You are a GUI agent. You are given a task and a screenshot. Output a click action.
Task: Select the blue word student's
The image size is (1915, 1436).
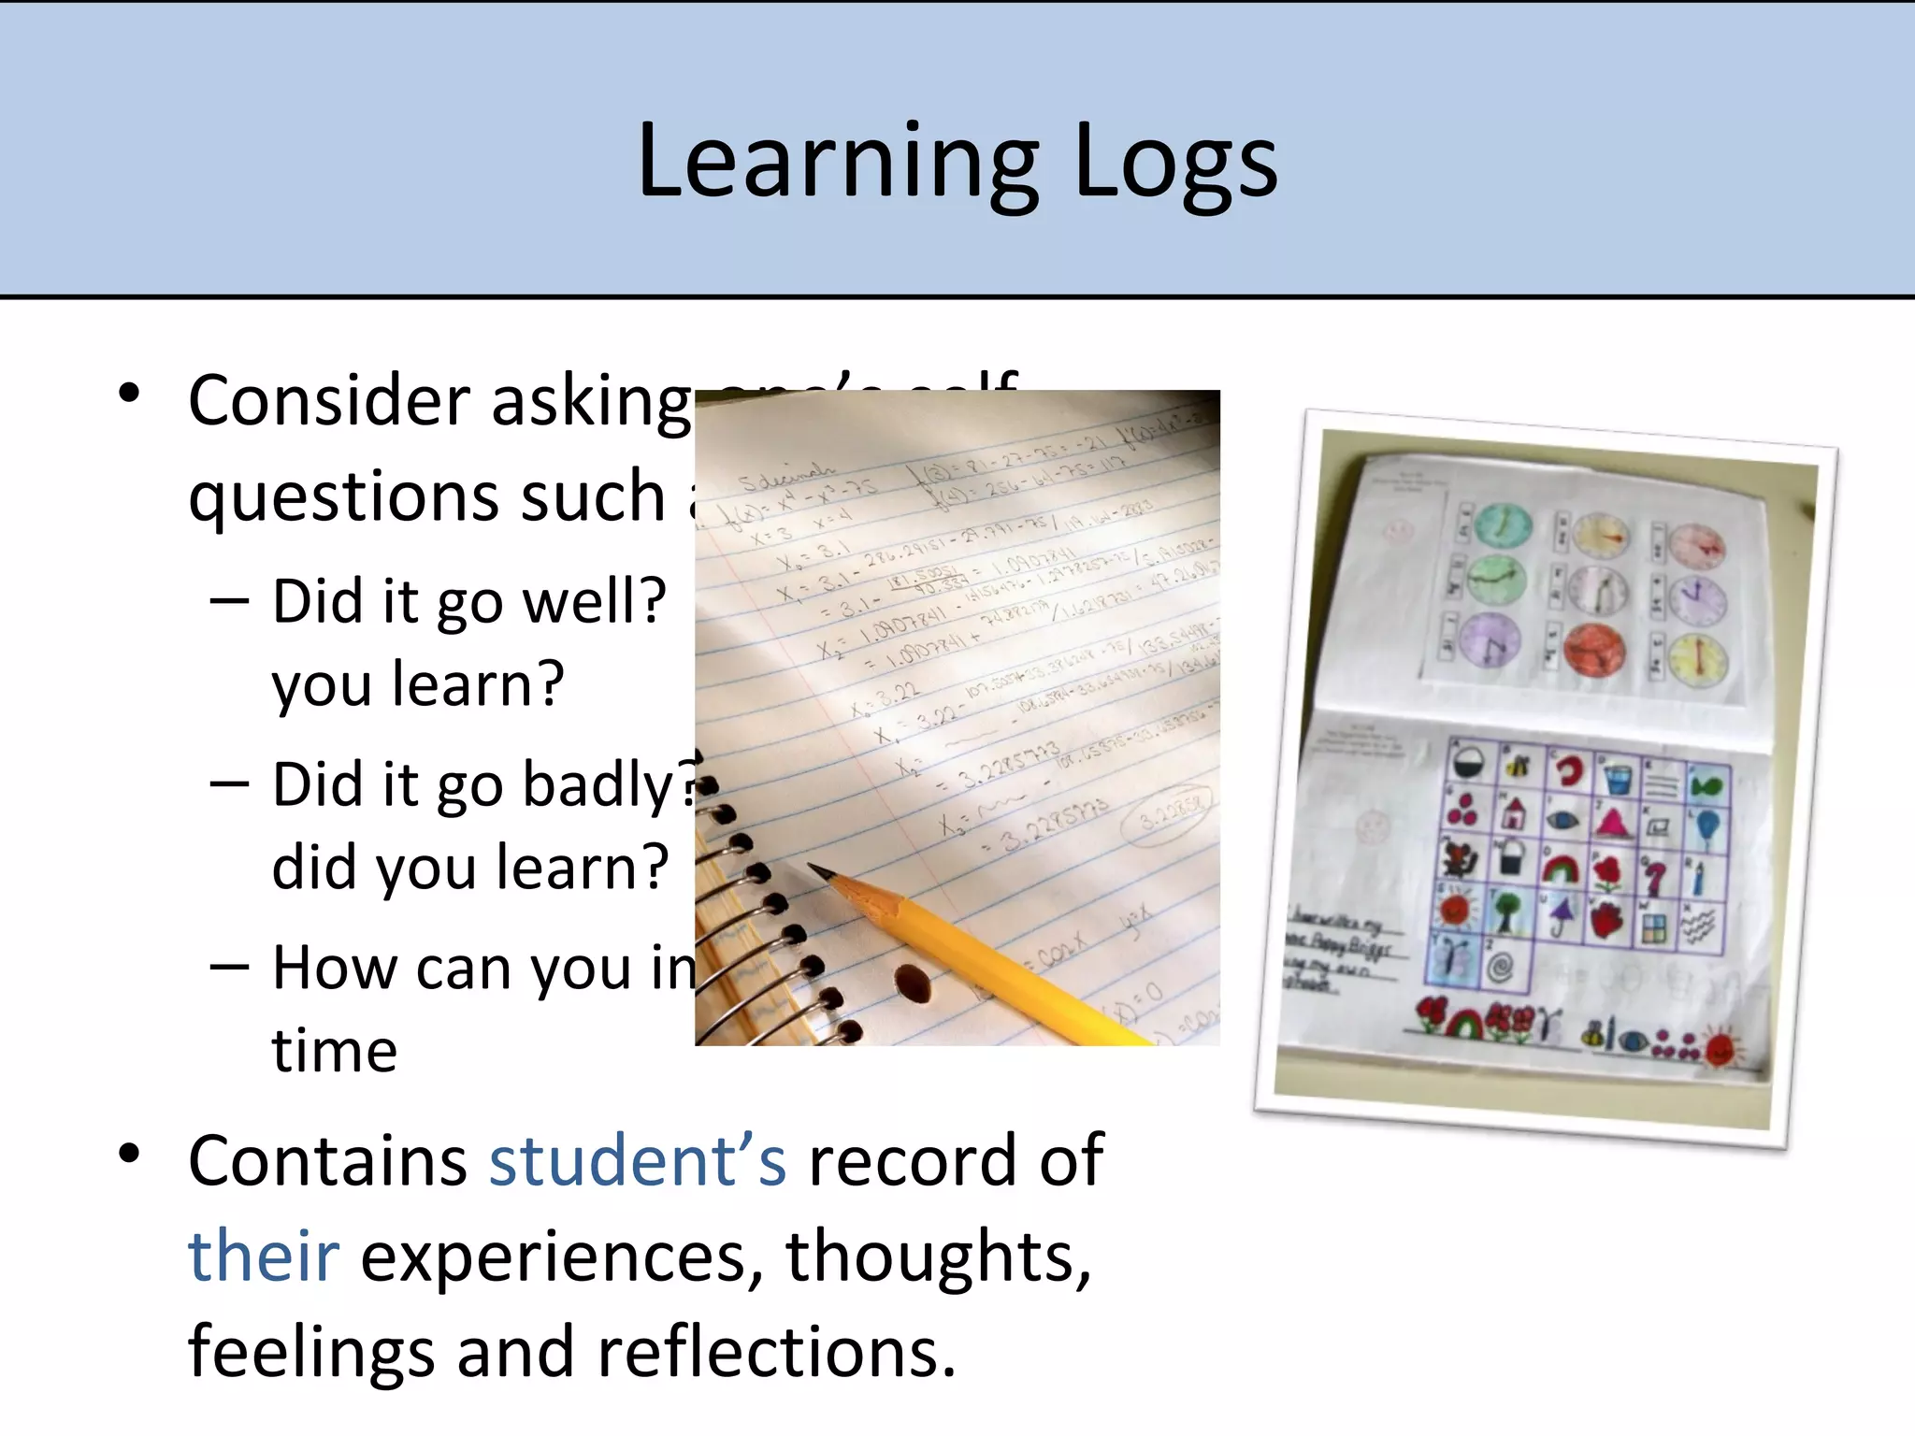point(638,1161)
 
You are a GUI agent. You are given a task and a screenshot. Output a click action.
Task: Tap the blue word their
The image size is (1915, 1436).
point(263,1256)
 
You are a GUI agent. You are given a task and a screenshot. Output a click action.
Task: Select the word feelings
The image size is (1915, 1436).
point(311,1352)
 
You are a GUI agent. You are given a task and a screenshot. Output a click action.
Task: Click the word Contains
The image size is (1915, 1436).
point(328,1161)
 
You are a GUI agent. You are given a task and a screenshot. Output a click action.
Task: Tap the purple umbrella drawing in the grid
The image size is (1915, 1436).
point(1558,913)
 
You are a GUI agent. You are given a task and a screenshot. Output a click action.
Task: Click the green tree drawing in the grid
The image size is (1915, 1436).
point(1505,909)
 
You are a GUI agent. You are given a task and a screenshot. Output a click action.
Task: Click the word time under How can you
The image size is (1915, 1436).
point(335,1051)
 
